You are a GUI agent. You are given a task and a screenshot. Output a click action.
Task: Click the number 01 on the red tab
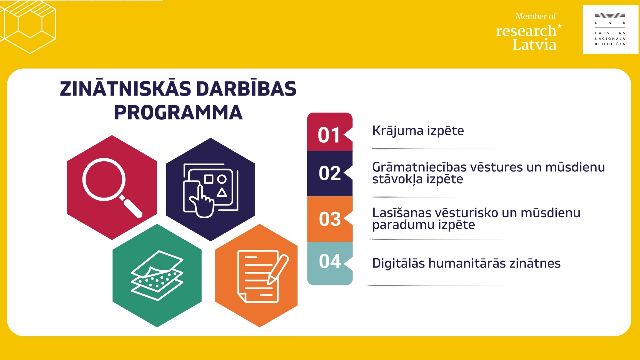329,135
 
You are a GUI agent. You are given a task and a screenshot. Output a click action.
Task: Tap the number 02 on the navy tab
330,173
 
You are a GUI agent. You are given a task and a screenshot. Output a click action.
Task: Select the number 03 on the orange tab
330,219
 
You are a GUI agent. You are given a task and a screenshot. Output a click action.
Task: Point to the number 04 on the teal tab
330,261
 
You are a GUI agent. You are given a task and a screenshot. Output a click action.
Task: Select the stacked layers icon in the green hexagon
157,276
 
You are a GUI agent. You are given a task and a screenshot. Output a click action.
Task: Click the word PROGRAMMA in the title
178,113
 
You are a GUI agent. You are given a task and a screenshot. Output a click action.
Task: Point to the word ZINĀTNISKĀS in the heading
126,89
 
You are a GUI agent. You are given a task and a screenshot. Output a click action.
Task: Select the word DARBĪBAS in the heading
246,89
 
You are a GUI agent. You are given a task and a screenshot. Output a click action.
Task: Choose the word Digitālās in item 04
398,263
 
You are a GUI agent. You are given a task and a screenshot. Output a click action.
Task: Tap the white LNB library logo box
610,29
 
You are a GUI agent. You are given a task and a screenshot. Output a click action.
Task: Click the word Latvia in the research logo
534,45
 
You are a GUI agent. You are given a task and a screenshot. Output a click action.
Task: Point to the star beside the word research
559,26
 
